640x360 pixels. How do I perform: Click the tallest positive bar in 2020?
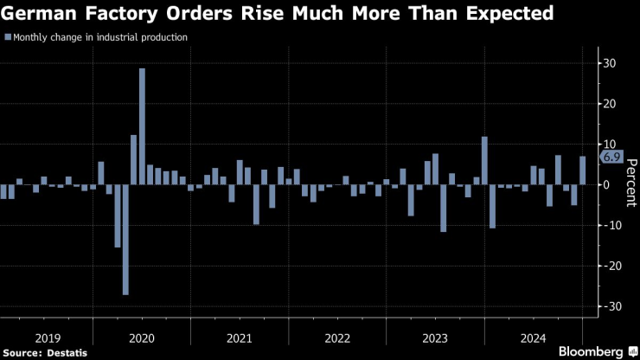pyautogui.click(x=142, y=126)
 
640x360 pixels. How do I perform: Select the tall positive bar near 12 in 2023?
pyautogui.click(x=484, y=160)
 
